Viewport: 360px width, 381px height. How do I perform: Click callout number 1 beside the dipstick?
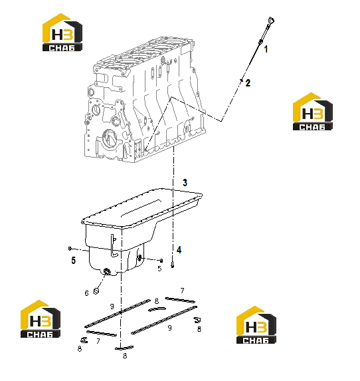pyautogui.click(x=266, y=49)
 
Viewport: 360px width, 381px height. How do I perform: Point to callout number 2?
pyautogui.click(x=248, y=83)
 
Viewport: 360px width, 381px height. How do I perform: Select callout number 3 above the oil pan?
pyautogui.click(x=185, y=183)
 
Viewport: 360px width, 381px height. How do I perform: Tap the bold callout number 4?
pyautogui.click(x=179, y=250)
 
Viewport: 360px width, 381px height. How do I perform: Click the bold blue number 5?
pyautogui.click(x=74, y=261)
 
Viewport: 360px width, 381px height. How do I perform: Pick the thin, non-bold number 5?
pyautogui.click(x=159, y=269)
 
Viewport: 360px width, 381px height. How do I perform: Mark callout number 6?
pyautogui.click(x=86, y=293)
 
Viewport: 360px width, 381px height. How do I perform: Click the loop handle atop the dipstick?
pyautogui.click(x=270, y=21)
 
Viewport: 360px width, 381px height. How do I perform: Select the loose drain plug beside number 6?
pyautogui.click(x=96, y=291)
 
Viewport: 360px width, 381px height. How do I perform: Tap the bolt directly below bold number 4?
pyautogui.click(x=173, y=265)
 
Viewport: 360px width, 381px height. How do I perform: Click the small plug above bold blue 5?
pyautogui.click(x=70, y=248)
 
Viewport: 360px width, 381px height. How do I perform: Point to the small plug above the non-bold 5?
pyautogui.click(x=161, y=261)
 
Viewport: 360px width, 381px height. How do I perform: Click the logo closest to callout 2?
pyautogui.click(x=313, y=112)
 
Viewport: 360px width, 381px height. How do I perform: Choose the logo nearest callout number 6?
pyautogui.click(x=41, y=318)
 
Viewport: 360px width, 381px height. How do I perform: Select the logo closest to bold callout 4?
pyautogui.click(x=256, y=325)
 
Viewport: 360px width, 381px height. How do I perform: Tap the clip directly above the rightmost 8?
pyautogui.click(x=197, y=320)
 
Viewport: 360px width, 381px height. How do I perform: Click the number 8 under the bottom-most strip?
pyautogui.click(x=125, y=356)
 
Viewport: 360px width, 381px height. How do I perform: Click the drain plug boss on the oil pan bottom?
pyautogui.click(x=107, y=271)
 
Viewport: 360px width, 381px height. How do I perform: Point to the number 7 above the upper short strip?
pyautogui.click(x=182, y=291)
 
